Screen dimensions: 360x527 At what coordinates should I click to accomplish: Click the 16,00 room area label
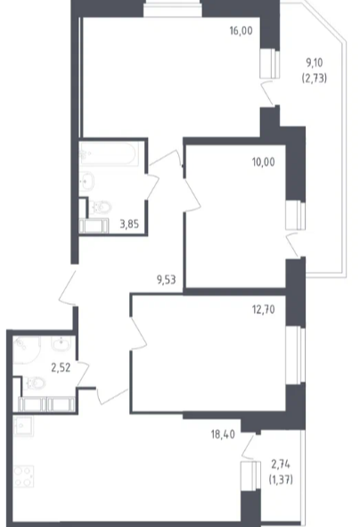coord(241,31)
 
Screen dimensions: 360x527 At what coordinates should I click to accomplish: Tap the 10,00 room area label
coord(263,162)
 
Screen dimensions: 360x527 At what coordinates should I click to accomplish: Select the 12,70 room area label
coord(263,309)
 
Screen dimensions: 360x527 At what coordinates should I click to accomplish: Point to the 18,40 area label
coord(223,434)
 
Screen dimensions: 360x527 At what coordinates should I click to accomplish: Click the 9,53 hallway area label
coord(167,280)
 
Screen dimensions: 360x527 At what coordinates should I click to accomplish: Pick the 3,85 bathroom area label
coord(129,224)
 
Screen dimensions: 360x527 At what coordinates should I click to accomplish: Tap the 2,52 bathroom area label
coord(61,367)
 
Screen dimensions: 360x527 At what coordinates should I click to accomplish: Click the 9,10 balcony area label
coord(315,62)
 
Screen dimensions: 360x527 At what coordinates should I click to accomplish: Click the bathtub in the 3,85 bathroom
coord(109,154)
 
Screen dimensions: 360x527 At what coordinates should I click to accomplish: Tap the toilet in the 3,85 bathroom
coord(100,208)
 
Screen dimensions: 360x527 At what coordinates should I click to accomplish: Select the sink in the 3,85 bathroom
coord(87,182)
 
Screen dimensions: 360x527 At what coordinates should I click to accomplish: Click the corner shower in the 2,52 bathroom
coord(27,350)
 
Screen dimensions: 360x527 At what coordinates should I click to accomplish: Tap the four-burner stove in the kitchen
coord(23,476)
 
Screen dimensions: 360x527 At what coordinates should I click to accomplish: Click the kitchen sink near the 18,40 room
coord(23,426)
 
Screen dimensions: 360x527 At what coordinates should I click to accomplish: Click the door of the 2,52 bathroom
coord(82,375)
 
